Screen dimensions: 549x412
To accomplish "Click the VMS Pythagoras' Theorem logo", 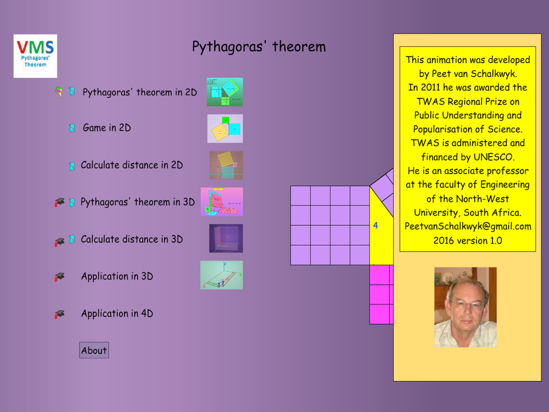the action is coord(35,56).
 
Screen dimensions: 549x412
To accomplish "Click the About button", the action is coord(94,350).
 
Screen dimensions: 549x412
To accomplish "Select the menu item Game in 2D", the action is coord(107,128).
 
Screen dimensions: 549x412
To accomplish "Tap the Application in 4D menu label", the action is coord(117,313).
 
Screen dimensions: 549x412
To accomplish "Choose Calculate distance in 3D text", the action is coord(132,239).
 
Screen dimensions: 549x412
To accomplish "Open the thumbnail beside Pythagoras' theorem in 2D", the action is coord(225,92).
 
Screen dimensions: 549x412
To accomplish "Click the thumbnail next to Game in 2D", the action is coord(225,129).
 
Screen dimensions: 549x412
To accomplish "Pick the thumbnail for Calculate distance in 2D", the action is coord(226,165).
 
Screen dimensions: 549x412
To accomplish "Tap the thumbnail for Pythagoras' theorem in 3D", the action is coord(222,202).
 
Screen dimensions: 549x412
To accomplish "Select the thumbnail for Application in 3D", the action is coord(222,275).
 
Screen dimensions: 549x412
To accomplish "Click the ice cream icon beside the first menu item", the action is coord(59,92).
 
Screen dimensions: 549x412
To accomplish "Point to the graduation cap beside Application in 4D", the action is coord(59,314).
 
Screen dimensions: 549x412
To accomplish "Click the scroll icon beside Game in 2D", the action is coord(72,128).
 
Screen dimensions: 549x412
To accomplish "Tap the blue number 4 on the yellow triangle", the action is coord(376,225).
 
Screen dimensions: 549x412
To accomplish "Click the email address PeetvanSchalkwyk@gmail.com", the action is coord(468,226).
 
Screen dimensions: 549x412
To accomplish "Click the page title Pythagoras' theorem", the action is coord(259,47).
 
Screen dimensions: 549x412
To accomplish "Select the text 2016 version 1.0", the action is coord(468,241).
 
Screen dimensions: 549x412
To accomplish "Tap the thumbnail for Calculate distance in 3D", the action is coord(226,238).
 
